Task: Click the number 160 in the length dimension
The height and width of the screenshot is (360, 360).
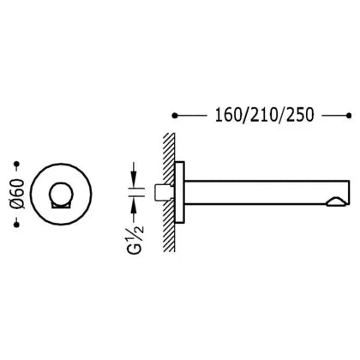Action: pyautogui.click(x=228, y=116)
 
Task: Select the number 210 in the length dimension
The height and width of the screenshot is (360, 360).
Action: pyautogui.click(x=263, y=116)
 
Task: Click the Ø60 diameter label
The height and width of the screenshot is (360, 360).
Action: pyautogui.click(x=18, y=194)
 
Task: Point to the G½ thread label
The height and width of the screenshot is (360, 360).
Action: pyautogui.click(x=137, y=239)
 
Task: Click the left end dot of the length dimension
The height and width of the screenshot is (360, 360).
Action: pyautogui.click(x=175, y=116)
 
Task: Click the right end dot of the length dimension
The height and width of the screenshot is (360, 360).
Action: pyautogui.click(x=349, y=116)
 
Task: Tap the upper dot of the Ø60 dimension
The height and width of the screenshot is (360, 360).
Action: pyautogui.click(x=17, y=164)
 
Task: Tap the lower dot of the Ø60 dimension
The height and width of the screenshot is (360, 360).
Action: pyautogui.click(x=16, y=225)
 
